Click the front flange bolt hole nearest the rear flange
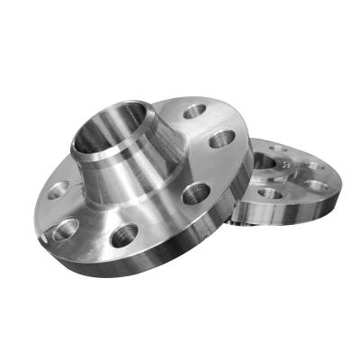[221, 139]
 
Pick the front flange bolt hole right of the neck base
[196, 193]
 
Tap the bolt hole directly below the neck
[124, 237]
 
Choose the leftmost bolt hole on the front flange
[56, 191]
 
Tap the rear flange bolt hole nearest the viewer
[269, 193]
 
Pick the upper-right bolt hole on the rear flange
[310, 164]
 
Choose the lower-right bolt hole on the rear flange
[317, 185]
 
